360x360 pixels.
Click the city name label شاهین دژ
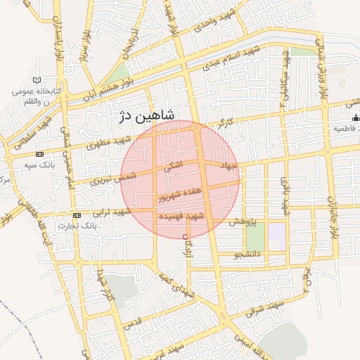pyautogui.click(x=144, y=115)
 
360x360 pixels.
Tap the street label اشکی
pyautogui.click(x=172, y=166)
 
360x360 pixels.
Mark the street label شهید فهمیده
pyautogui.click(x=200, y=218)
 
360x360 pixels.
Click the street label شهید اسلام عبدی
pyautogui.click(x=231, y=59)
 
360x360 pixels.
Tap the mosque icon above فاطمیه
pyautogui.click(x=356, y=117)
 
